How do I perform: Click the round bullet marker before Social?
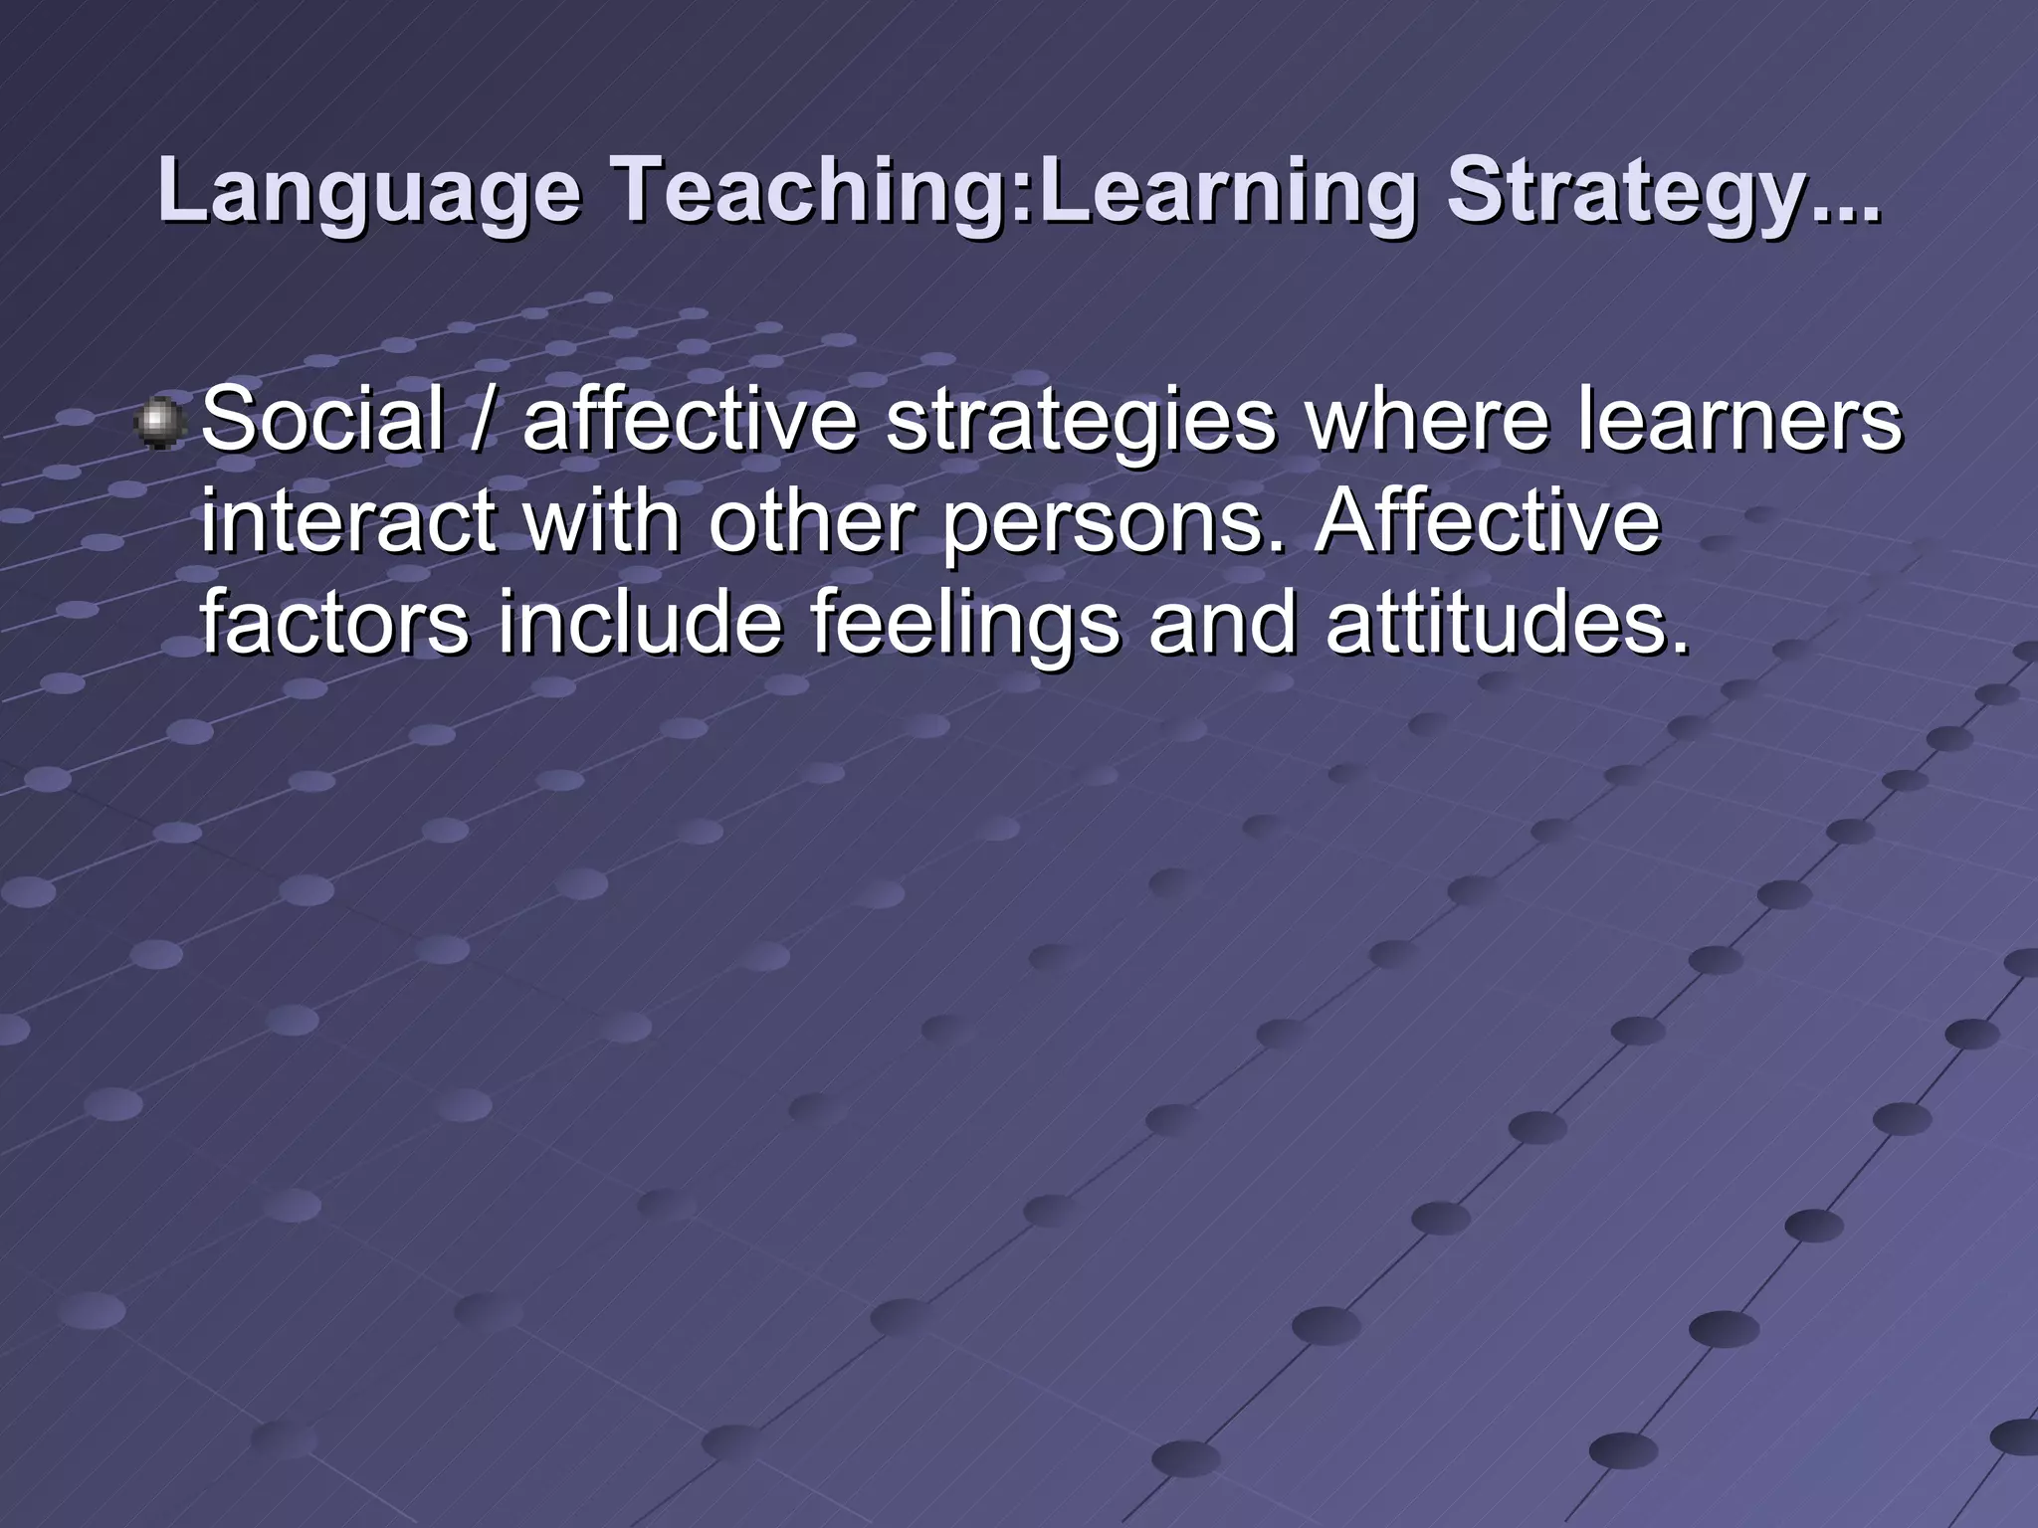(157, 422)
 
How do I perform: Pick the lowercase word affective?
(690, 419)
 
